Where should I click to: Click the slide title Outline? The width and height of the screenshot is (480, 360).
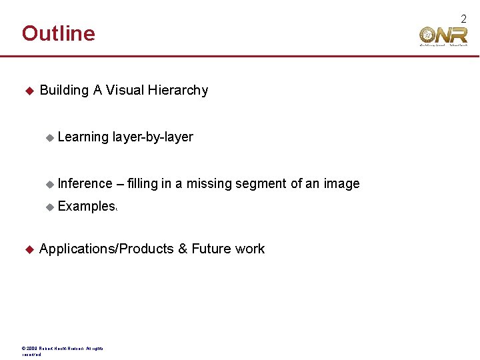(59, 33)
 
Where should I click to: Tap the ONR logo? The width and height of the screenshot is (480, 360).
(443, 35)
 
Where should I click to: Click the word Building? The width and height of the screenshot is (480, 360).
(64, 90)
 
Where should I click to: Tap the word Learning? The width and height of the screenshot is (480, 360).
(83, 137)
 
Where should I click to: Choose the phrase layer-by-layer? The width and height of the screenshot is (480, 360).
(153, 137)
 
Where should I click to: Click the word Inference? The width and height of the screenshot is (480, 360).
(85, 183)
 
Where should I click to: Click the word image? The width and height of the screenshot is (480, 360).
(341, 183)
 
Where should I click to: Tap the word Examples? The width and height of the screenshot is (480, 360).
(87, 207)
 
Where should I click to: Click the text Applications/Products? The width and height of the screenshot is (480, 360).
(106, 249)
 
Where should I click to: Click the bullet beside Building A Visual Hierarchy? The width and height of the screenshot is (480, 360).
(29, 90)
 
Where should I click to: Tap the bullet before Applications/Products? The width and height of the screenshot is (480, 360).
(29, 249)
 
